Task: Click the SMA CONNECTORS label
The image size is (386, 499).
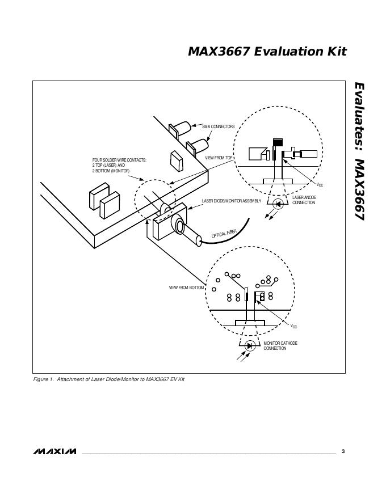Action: [x=218, y=126]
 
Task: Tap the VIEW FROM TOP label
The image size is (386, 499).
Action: [x=219, y=158]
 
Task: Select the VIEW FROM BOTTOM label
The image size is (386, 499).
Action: [x=186, y=287]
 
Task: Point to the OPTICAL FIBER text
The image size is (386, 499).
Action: [x=224, y=234]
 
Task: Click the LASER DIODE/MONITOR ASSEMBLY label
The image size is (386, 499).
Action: [x=232, y=201]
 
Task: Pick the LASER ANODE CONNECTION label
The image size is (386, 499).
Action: [x=304, y=200]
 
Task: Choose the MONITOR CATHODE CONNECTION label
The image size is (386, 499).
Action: [x=280, y=345]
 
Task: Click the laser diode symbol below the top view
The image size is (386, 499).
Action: [x=278, y=204]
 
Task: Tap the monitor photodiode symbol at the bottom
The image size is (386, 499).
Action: [x=250, y=345]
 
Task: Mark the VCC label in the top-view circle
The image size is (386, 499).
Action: [x=320, y=185]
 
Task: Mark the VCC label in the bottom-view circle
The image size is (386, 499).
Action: [x=293, y=327]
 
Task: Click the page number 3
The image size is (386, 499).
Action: [x=343, y=451]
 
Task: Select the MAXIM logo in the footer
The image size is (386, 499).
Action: [x=55, y=451]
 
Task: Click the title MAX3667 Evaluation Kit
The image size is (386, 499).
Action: [x=267, y=52]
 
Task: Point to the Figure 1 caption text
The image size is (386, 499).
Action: [x=109, y=379]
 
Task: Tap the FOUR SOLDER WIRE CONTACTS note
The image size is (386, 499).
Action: [x=119, y=166]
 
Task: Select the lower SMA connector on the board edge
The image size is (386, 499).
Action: [x=198, y=147]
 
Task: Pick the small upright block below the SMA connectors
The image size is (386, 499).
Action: [x=177, y=161]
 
